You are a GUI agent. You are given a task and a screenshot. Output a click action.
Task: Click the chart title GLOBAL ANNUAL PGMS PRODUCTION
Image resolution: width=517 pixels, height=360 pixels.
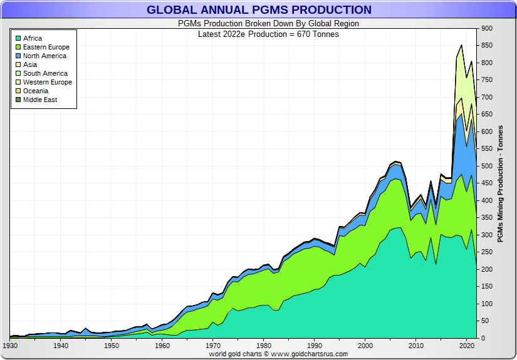[x=259, y=10]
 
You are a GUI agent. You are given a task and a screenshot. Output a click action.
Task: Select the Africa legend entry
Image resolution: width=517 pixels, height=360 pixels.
[x=33, y=38]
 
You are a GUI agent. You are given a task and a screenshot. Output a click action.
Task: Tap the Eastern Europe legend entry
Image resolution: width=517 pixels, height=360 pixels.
[x=46, y=47]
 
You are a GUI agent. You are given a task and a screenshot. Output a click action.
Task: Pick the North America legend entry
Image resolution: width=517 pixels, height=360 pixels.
[x=44, y=56]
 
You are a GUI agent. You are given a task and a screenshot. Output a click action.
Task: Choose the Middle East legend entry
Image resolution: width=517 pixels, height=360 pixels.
[x=40, y=100]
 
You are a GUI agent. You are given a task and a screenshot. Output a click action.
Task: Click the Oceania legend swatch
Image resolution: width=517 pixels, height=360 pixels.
[x=18, y=91]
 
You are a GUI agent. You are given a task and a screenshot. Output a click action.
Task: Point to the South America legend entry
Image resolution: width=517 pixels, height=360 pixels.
[x=45, y=73]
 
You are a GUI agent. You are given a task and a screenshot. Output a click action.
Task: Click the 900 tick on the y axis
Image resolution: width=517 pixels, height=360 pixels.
[x=487, y=28]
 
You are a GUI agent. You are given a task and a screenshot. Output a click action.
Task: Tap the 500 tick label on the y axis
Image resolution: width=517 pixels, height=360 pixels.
[x=487, y=166]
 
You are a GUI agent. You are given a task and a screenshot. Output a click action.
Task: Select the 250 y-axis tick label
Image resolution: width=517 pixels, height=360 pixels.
[x=487, y=252]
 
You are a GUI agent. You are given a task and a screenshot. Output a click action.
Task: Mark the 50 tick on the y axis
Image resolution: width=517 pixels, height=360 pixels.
[x=485, y=321]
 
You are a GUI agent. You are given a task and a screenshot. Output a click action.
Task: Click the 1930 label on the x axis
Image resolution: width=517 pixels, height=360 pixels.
[x=10, y=346]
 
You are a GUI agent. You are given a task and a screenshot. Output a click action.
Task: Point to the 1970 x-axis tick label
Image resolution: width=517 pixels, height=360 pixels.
[x=213, y=346]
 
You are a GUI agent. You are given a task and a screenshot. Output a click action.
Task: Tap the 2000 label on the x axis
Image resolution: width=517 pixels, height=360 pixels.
[x=365, y=346]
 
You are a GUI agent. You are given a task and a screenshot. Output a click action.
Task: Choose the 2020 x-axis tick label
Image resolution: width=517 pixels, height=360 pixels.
[x=466, y=346]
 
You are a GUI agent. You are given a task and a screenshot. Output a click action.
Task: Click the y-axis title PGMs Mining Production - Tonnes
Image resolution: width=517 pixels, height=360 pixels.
[x=500, y=183]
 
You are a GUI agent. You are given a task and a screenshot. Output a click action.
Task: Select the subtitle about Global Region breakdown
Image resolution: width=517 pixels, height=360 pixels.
[x=259, y=24]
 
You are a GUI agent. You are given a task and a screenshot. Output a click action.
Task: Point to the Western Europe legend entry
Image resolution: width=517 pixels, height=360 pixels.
[x=47, y=82]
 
